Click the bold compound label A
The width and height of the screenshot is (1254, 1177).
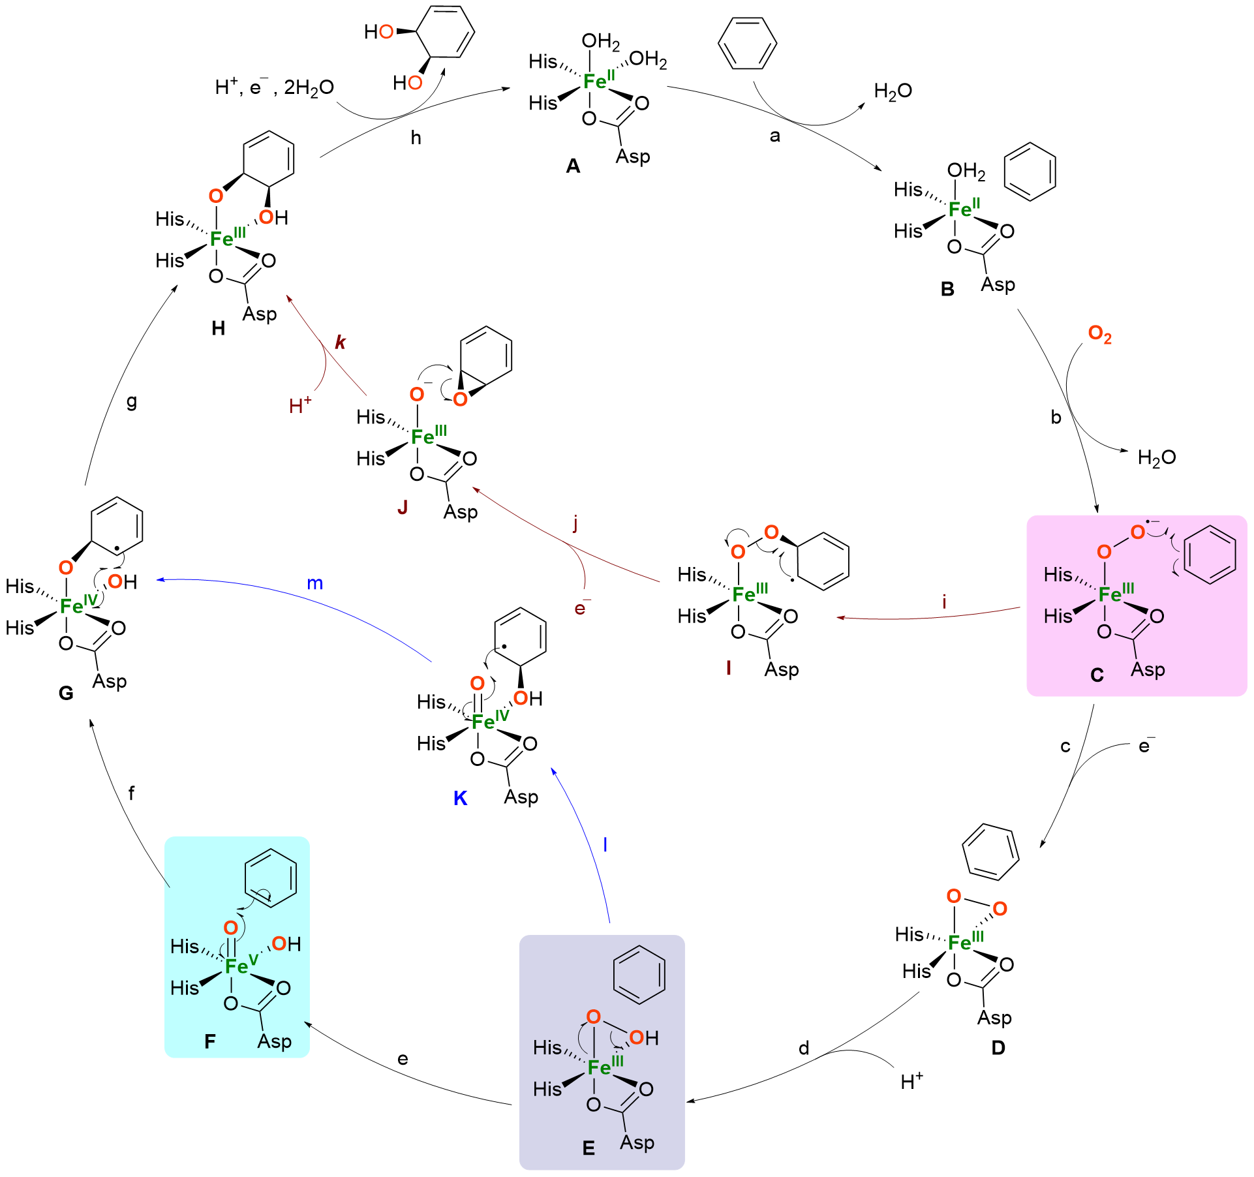click(573, 166)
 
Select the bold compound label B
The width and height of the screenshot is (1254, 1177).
click(947, 289)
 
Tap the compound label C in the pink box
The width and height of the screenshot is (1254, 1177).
click(1097, 675)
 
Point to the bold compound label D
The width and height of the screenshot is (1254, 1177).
click(998, 1048)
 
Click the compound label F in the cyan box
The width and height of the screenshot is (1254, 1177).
click(209, 1041)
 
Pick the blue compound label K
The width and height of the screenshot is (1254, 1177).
click(460, 799)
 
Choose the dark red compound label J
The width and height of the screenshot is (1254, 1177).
click(403, 507)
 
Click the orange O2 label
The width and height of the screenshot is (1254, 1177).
click(1099, 334)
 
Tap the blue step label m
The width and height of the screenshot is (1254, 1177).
click(314, 583)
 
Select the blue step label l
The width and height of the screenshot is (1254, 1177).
click(605, 845)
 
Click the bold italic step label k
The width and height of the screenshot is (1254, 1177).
click(340, 342)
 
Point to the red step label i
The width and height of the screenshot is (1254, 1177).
click(943, 602)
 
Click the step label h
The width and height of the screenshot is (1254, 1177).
click(416, 138)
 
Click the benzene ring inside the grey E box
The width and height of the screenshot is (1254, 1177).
click(639, 975)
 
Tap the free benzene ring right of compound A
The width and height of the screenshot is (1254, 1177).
click(747, 44)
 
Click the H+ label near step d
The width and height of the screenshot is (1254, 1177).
click(911, 1082)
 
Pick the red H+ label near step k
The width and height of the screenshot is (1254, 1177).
click(299, 406)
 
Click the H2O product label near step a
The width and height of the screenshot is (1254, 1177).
click(893, 91)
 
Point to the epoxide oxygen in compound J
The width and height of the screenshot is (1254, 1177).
click(461, 399)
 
